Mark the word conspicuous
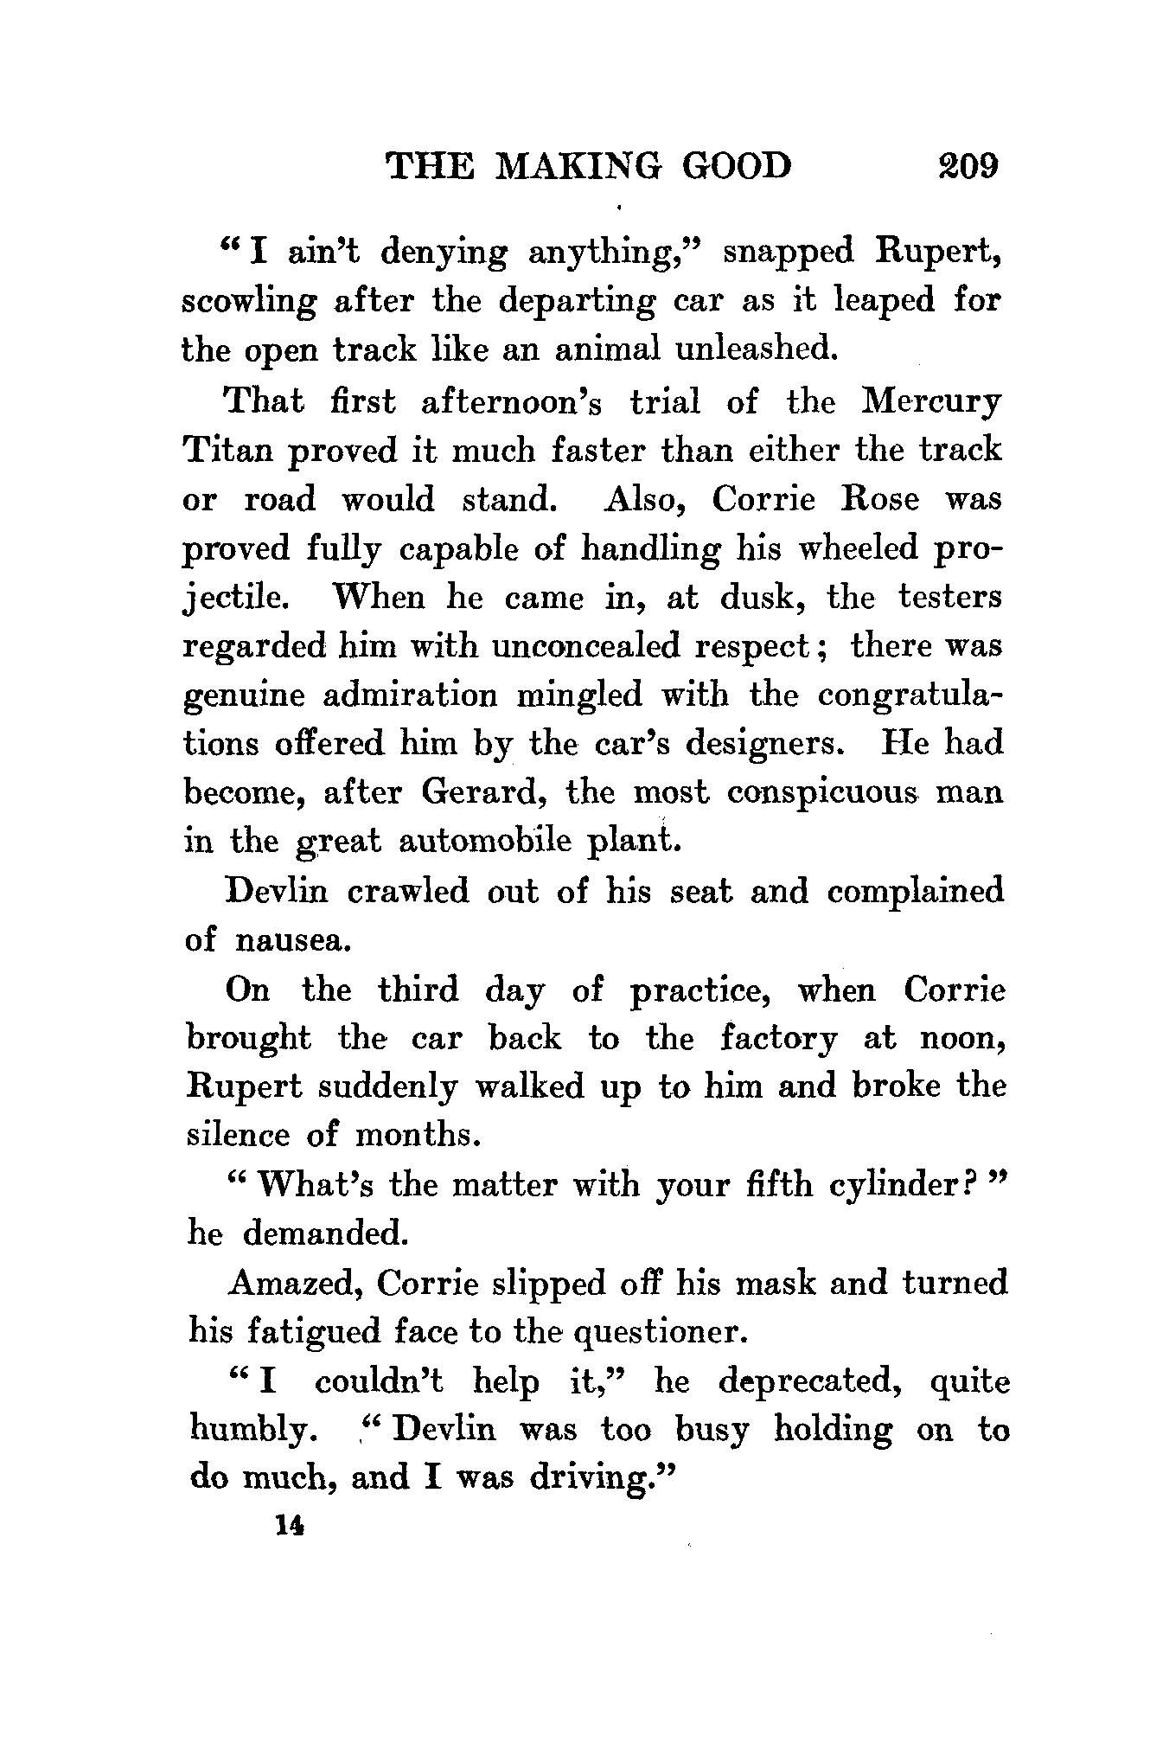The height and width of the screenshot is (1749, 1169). point(821,792)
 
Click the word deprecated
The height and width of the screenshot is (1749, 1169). point(811,1382)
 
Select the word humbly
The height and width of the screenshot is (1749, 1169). point(248,1432)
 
